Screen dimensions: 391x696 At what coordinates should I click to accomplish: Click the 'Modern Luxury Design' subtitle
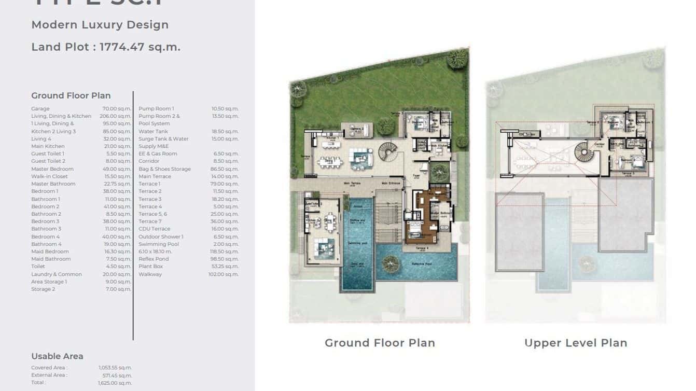pyautogui.click(x=100, y=25)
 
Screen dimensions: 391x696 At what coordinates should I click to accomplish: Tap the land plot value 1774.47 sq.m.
pyautogui.click(x=140, y=47)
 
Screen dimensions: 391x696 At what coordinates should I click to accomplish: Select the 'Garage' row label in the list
pyautogui.click(x=40, y=109)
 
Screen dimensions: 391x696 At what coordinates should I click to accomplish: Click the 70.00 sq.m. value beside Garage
pyautogui.click(x=117, y=109)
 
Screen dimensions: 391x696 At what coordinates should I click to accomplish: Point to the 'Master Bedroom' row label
pyautogui.click(x=52, y=169)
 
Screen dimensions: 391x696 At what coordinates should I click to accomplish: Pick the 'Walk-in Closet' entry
pyautogui.click(x=49, y=176)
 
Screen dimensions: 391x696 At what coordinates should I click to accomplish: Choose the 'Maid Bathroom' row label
pyautogui.click(x=51, y=259)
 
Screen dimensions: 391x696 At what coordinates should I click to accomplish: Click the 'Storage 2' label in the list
pyautogui.click(x=43, y=289)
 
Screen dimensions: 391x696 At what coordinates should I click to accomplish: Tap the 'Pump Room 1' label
pyautogui.click(x=156, y=109)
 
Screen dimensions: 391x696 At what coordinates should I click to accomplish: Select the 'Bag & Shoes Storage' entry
pyautogui.click(x=164, y=169)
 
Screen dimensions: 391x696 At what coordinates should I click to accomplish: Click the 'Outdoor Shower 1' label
pyautogui.click(x=161, y=236)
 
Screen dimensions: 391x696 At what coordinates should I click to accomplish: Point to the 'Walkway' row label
pyautogui.click(x=150, y=274)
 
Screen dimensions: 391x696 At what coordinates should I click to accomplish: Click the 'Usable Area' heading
pyautogui.click(x=57, y=356)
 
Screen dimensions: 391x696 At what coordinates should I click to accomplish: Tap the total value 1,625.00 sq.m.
pyautogui.click(x=115, y=383)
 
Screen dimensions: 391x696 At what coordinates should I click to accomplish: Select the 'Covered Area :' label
pyautogui.click(x=49, y=368)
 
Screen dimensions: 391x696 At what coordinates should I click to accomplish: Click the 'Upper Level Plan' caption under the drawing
pyautogui.click(x=576, y=343)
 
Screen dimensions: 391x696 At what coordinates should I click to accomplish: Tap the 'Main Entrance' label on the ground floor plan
pyautogui.click(x=392, y=183)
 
